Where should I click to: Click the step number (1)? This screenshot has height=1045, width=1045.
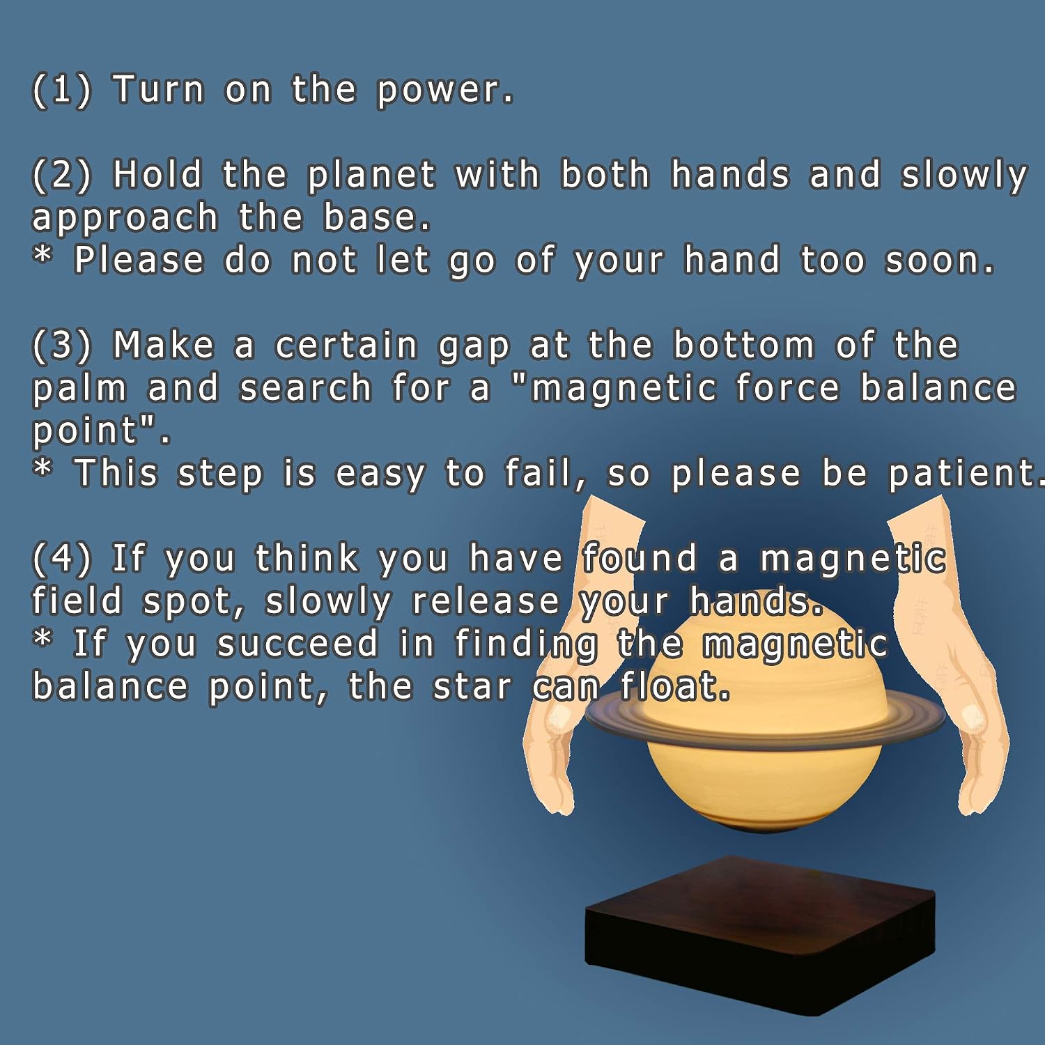pyautogui.click(x=62, y=90)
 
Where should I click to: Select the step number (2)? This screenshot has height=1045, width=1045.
pyautogui.click(x=62, y=175)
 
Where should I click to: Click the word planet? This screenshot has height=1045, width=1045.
pyautogui.click(x=372, y=176)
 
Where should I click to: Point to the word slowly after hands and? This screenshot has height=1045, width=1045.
pyautogui.click(x=964, y=176)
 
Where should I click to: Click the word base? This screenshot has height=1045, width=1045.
pyautogui.click(x=378, y=217)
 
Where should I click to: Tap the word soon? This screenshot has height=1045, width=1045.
pyautogui.click(x=940, y=261)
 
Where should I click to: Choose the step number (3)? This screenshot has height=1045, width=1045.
pyautogui.click(x=62, y=346)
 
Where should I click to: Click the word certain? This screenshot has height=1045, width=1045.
pyautogui.click(x=346, y=346)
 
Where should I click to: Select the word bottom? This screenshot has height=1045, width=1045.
pyautogui.click(x=744, y=346)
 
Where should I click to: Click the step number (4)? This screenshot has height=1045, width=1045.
pyautogui.click(x=62, y=559)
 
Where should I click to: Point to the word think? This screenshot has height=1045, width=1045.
pyautogui.click(x=307, y=558)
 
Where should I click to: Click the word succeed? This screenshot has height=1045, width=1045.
pyautogui.click(x=297, y=644)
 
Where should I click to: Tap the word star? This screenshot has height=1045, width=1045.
pyautogui.click(x=472, y=687)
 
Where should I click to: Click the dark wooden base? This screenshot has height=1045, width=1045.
pyautogui.click(x=760, y=936)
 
